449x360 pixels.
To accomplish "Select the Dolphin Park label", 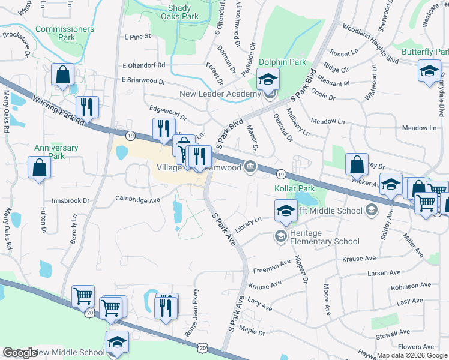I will pos(282,62).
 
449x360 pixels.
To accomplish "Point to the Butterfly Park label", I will pos(425,52).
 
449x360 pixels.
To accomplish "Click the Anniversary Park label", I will pos(56,152).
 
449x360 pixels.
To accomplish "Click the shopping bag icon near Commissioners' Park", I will pos(62,76).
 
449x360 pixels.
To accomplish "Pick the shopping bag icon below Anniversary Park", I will pos(39,168).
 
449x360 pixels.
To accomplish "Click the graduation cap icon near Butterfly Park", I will pos(429,71).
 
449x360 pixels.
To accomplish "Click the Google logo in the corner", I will pos(19,353).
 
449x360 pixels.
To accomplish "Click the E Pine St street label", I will pos(137,37).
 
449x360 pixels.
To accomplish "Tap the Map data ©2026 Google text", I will pos(412,355).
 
